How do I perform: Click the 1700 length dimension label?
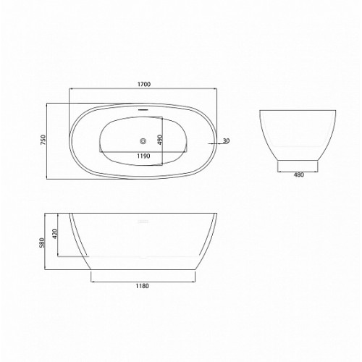tap(144, 84)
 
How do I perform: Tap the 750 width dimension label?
tap(43, 140)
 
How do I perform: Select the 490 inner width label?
tap(160, 140)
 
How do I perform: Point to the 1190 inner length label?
tap(143, 156)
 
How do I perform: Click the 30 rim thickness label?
tap(227, 140)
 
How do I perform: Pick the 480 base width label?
tap(299, 175)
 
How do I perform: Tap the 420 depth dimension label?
tap(55, 234)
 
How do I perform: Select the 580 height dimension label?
tap(42, 243)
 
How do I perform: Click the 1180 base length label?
tap(143, 286)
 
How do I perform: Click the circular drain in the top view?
tap(143, 140)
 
